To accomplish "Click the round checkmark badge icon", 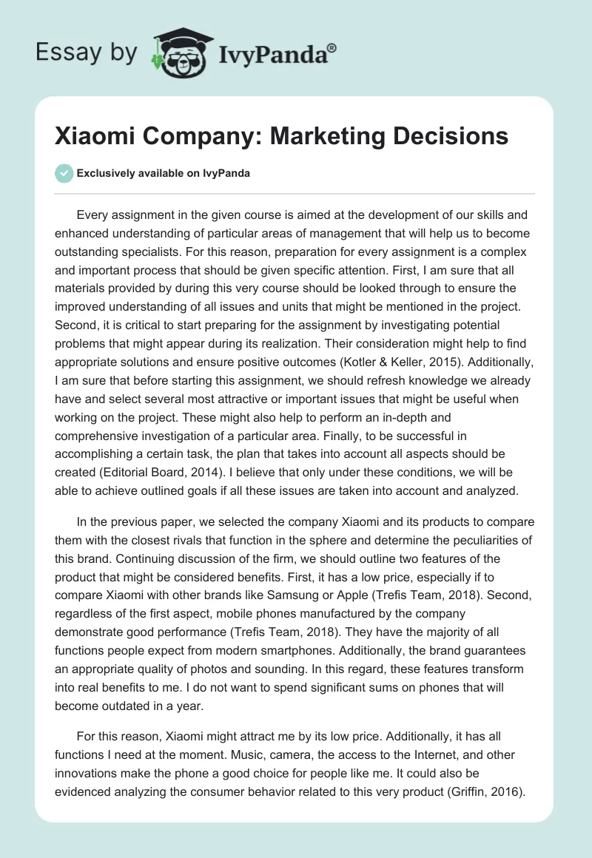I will coord(64,173).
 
